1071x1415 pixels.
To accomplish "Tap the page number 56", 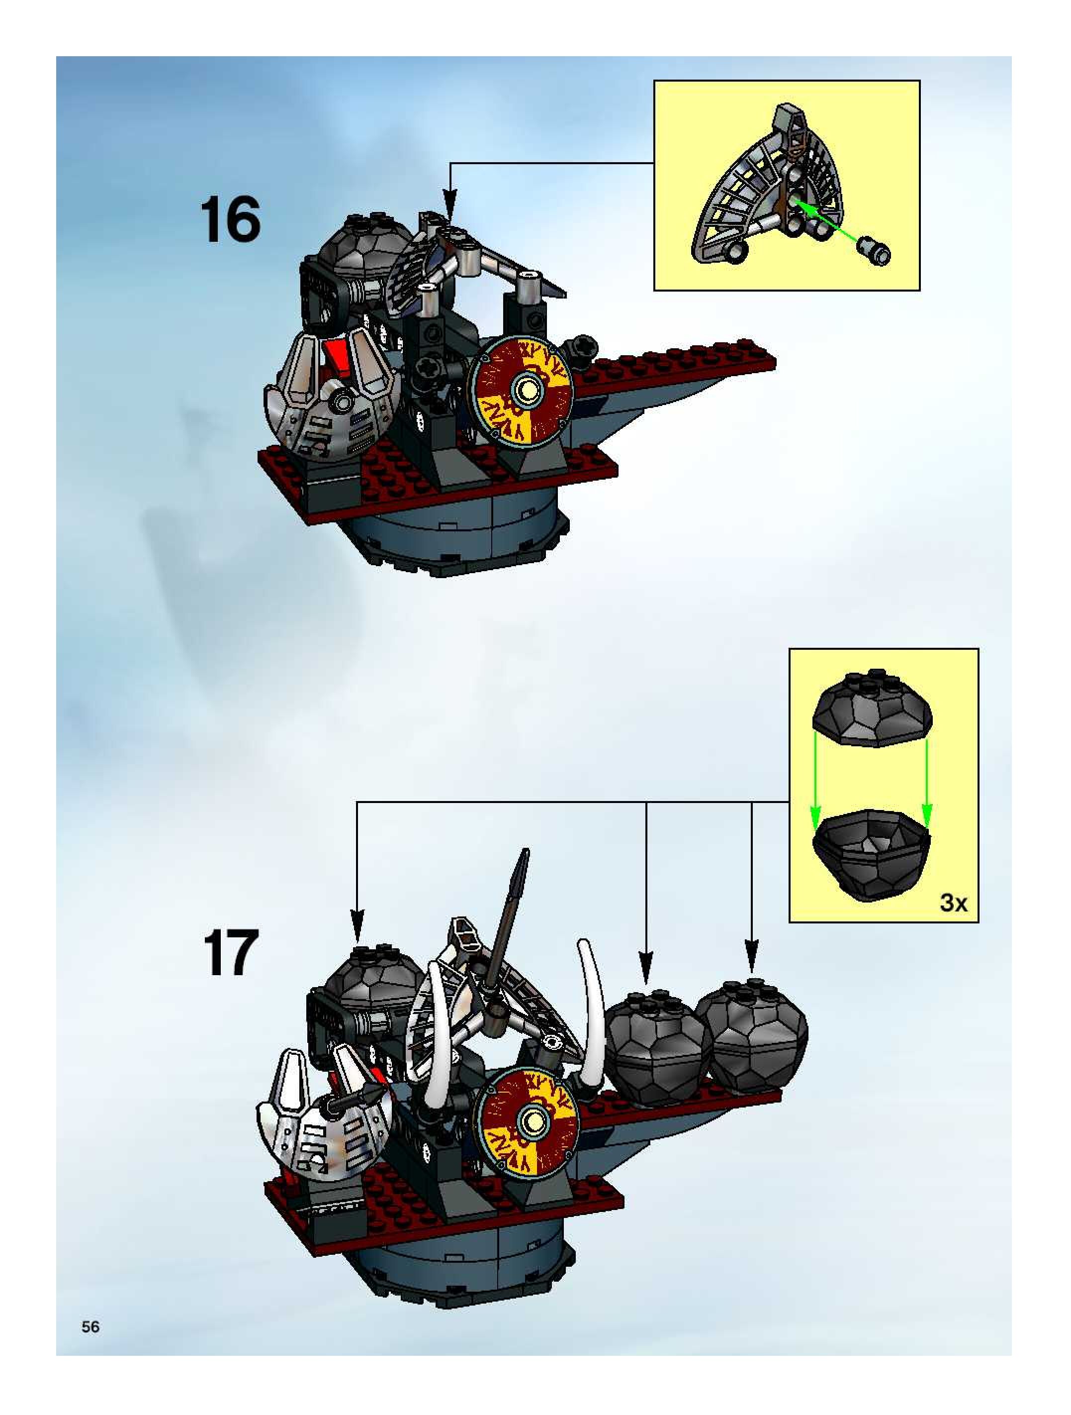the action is pos(90,1327).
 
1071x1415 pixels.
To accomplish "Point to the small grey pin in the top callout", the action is pos(876,250).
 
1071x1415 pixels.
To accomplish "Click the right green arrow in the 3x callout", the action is pos(927,793).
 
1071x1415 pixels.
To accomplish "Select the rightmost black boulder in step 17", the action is pos(753,1033).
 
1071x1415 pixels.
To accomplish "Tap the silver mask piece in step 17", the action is pos(320,1122).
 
